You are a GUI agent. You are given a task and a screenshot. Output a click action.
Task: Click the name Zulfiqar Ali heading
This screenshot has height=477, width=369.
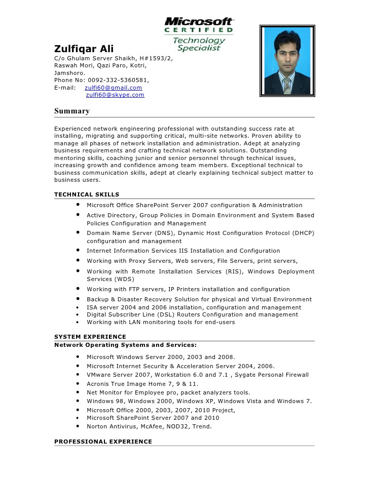click(84, 49)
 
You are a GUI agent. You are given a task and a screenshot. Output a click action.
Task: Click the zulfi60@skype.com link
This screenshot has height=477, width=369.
click(115, 95)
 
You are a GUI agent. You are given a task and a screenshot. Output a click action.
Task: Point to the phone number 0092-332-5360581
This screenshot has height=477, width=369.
click(118, 80)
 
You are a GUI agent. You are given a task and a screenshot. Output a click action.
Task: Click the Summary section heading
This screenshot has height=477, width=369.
click(72, 111)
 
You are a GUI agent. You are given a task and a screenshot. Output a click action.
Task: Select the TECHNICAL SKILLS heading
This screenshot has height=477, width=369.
click(87, 194)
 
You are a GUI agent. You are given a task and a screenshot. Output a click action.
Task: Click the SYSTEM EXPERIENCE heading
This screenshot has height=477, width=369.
click(90, 337)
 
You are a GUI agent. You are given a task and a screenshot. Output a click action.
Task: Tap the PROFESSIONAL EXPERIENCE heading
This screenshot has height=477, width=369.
click(103, 442)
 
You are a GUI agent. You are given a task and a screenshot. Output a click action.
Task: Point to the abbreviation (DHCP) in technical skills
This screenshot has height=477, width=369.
click(303, 233)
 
